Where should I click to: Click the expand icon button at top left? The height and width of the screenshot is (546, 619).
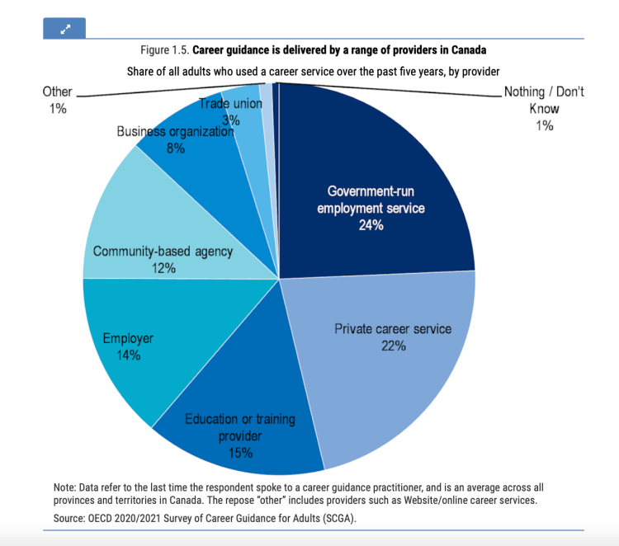pos(64,28)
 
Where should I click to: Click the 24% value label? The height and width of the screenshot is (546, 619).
pos(371,224)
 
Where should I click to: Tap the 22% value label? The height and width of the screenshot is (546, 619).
pos(393,346)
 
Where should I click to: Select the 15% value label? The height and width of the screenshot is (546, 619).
pos(240,453)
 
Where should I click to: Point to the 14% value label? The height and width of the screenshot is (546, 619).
pos(128,355)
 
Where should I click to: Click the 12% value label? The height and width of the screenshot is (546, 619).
pos(163,268)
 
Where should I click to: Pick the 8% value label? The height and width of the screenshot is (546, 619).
pos(175,148)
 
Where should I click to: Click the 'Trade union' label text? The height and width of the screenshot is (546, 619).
pos(230,104)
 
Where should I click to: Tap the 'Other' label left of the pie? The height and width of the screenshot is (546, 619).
pos(57,92)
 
